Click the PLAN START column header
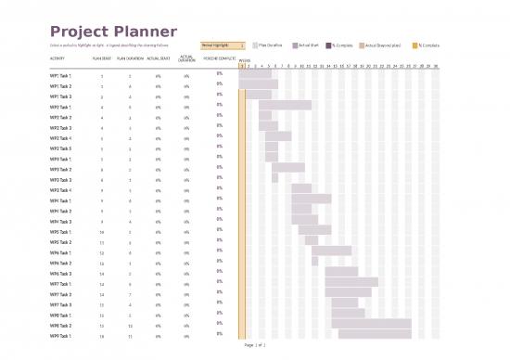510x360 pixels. click(x=102, y=58)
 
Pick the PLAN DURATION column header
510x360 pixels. click(x=130, y=58)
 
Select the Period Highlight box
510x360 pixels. click(x=223, y=45)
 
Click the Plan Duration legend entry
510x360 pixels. click(x=269, y=45)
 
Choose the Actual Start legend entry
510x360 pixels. click(x=307, y=45)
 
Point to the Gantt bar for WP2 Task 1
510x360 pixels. click(x=285, y=105)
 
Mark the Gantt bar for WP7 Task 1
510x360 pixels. click(x=351, y=282)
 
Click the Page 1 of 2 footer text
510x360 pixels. click(x=255, y=344)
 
